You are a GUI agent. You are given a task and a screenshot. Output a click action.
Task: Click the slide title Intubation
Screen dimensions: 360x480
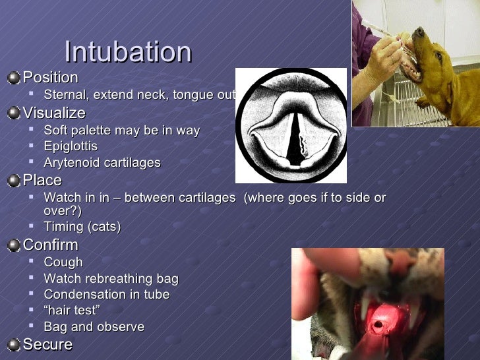pos(128,52)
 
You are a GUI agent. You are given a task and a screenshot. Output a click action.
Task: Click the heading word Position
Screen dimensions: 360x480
pos(50,78)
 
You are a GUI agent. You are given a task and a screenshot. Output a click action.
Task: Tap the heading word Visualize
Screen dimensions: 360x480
pos(54,113)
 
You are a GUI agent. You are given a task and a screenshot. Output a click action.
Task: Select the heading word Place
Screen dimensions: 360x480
pos(42,181)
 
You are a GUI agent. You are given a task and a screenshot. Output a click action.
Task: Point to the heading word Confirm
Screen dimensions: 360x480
pos(50,246)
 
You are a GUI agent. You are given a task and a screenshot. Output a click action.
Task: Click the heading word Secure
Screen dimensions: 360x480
pos(47,344)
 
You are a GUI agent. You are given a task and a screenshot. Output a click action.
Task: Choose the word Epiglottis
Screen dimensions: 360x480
pos(71,146)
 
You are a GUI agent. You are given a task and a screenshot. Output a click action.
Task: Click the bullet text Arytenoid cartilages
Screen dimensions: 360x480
pos(102,163)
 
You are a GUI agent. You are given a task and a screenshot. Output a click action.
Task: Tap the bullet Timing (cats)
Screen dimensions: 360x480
pos(82,227)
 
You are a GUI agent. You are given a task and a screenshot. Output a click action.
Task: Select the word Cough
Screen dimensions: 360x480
pos(63,262)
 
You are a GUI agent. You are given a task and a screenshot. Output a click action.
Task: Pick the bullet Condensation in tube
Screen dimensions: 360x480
pos(107,295)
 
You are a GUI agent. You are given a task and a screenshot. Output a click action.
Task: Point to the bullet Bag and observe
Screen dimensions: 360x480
pos(94,327)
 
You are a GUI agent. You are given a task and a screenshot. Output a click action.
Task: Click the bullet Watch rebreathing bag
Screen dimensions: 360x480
pos(111,279)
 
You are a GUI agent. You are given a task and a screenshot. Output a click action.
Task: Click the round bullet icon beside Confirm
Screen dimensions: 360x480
pos(14,246)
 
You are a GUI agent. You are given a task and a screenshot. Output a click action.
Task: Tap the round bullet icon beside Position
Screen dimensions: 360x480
pos(14,78)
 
